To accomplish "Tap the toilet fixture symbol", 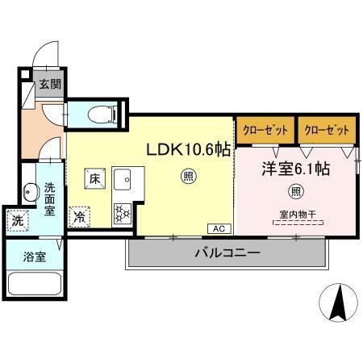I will (95, 112).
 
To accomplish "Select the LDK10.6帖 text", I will (188, 150).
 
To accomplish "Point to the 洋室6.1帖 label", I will (294, 169).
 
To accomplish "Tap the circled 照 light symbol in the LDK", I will (188, 175).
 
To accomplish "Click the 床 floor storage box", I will (94, 179).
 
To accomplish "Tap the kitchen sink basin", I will (122, 180).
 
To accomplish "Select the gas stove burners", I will (122, 213).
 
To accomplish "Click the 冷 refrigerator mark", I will (81, 215).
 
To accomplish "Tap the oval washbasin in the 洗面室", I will (31, 193).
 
